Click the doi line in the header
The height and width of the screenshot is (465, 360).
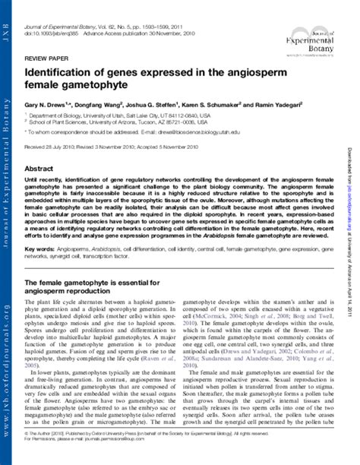91,17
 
